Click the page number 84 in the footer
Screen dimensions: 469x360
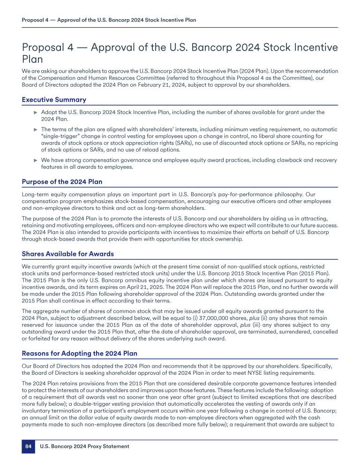[x=28, y=446]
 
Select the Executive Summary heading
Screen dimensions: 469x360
[x=54, y=99]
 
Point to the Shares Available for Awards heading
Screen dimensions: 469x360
[x=68, y=254]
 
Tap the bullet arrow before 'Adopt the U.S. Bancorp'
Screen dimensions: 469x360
[x=35, y=113]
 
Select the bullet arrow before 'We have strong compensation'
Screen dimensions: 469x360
[x=35, y=159]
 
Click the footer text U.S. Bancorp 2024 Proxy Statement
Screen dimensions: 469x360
[x=84, y=446]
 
